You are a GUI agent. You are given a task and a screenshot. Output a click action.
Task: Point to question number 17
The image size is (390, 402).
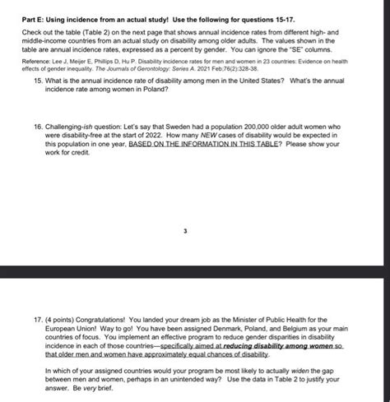pos(28,318)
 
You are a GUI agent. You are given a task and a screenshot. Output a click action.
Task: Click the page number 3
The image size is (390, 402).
pos(187,231)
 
